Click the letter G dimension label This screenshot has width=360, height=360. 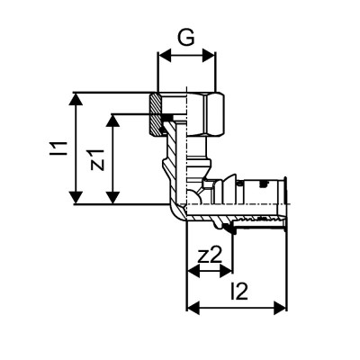coord(186,40)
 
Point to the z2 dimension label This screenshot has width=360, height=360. coord(209,254)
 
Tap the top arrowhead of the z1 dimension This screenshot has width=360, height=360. coord(112,118)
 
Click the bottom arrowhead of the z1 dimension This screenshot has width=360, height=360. coord(112,200)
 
